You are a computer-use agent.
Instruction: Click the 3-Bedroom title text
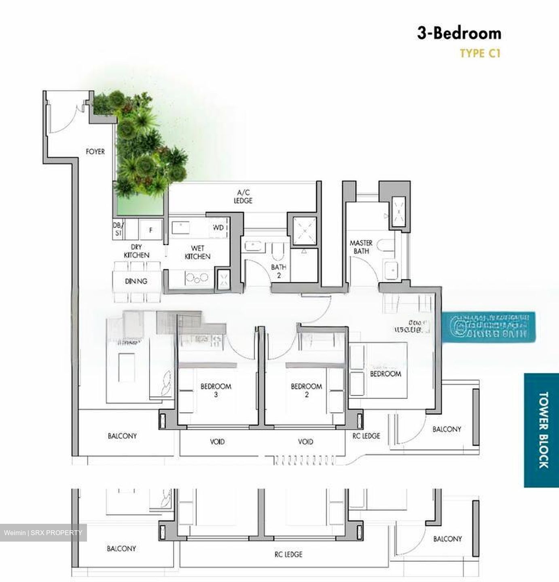click(x=459, y=34)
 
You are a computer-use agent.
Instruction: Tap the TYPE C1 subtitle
click(x=480, y=53)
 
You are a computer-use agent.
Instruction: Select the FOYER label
click(x=95, y=152)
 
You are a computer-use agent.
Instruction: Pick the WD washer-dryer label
click(x=218, y=228)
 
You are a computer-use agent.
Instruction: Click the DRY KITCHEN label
click(x=136, y=251)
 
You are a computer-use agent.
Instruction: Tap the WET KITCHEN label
click(x=197, y=252)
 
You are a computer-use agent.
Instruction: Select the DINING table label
click(x=136, y=281)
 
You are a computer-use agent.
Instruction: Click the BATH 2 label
click(x=278, y=271)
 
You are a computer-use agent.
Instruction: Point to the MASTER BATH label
click(x=361, y=247)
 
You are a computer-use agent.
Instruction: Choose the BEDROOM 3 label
click(x=216, y=390)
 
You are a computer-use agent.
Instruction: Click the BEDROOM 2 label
click(x=306, y=390)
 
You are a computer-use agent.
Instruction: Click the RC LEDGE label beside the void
click(x=366, y=436)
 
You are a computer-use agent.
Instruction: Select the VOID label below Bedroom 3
click(x=217, y=442)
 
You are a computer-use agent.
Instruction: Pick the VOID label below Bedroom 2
click(x=305, y=442)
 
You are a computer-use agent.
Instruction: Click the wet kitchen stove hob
click(x=196, y=277)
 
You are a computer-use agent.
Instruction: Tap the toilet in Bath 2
click(x=277, y=251)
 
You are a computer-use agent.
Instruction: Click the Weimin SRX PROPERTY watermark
click(x=43, y=533)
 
